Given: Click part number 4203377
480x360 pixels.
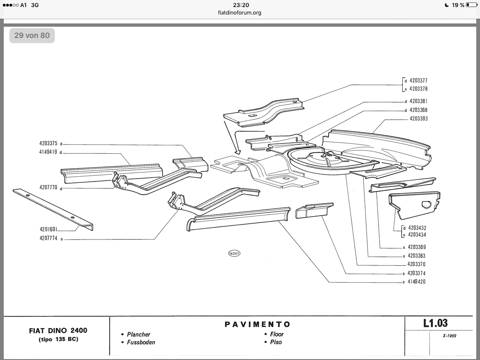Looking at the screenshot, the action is [418, 81].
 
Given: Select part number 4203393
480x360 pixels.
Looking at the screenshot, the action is [419, 119].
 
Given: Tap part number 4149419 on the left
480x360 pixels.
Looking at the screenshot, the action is [48, 152].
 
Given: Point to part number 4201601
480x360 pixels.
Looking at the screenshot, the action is [48, 229].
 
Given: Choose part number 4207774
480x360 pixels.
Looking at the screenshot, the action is [48, 238].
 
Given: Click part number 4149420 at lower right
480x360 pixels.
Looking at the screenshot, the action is [416, 282].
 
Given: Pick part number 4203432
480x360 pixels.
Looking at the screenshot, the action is [417, 228].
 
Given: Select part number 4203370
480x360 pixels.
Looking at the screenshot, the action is [416, 264].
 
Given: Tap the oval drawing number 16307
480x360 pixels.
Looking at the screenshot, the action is [234, 254].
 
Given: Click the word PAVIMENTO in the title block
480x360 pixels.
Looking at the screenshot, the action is [257, 324].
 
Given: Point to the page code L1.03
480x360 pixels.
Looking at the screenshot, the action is [435, 323].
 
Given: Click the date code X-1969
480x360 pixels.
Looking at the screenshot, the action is [450, 336].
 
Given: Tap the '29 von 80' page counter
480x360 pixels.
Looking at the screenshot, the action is [32, 36].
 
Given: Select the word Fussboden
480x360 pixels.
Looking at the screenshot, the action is [141, 342].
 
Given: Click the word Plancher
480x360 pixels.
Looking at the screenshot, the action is [139, 334].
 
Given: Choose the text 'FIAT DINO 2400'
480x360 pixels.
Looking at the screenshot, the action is [58, 330].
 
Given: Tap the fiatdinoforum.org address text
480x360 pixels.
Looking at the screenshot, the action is [240, 13].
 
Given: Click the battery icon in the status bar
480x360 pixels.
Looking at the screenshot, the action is [472, 5].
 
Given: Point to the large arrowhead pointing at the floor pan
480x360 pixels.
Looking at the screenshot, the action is [238, 151].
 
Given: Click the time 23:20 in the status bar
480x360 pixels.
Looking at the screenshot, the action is [241, 5].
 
